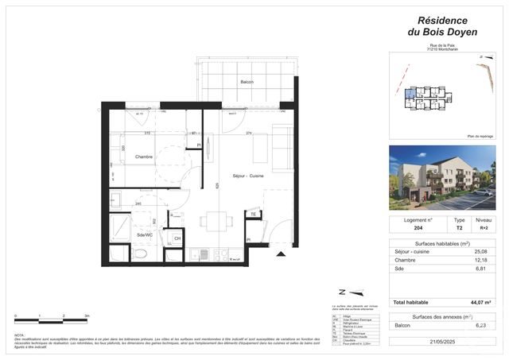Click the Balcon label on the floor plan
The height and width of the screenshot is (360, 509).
pyautogui.click(x=248, y=83)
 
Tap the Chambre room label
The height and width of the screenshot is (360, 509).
pyautogui.click(x=144, y=157)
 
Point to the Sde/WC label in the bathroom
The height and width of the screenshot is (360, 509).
pyautogui.click(x=145, y=235)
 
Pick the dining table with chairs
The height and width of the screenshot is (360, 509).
pyautogui.click(x=212, y=223)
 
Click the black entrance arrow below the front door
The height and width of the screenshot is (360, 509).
pyautogui.click(x=279, y=254)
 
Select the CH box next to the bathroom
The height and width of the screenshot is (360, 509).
pyautogui.click(x=177, y=238)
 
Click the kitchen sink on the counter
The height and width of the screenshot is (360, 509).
pyautogui.click(x=200, y=254)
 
